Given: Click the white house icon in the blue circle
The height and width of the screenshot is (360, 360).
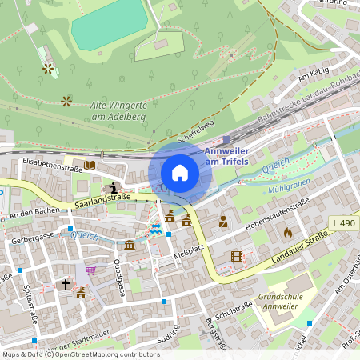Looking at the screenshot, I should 180,173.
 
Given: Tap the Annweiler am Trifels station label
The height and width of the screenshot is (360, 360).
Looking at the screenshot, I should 227,156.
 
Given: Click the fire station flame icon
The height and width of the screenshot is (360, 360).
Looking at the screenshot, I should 288,233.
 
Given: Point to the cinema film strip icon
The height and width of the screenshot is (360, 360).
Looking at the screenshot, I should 236,256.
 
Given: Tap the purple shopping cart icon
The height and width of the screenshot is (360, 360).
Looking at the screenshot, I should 90,270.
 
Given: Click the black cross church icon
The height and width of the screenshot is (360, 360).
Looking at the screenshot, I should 66,283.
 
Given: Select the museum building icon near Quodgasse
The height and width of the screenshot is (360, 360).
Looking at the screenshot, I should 130,245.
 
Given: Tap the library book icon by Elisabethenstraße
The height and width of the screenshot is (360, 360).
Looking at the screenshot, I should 89,165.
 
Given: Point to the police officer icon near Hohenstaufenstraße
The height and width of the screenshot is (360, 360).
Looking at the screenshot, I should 223,222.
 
